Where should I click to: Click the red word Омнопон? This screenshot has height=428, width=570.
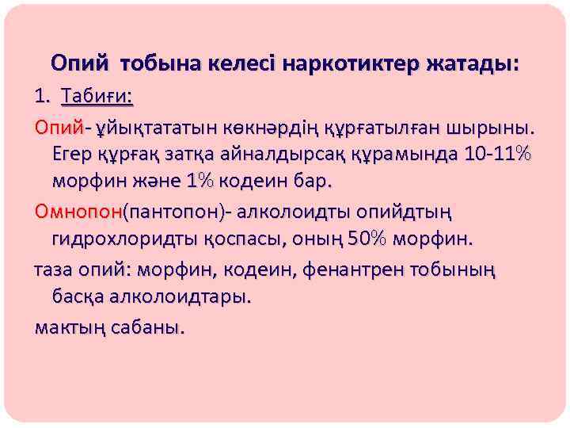(x=78, y=212)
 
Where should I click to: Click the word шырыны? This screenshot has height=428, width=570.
(x=495, y=126)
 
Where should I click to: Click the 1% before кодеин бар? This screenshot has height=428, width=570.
(x=200, y=182)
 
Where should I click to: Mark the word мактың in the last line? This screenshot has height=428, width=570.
(x=66, y=326)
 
